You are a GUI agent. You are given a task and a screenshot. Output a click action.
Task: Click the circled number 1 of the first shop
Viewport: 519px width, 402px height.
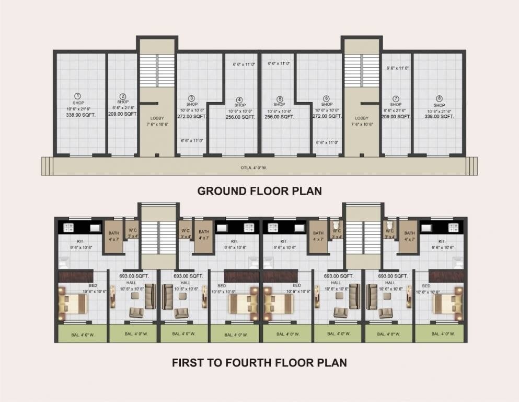pos(77,96)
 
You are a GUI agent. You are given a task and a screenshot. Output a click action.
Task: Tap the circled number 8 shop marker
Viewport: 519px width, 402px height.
pos(439,98)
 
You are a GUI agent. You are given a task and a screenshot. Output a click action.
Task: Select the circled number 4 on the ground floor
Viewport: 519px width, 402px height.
pos(239,99)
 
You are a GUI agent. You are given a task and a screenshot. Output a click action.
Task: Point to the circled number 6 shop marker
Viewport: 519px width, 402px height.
pos(326,98)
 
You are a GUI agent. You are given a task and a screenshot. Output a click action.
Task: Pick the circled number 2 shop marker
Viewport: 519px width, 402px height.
pos(123,96)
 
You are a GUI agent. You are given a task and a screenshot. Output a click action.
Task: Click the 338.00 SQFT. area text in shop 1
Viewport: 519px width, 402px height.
pos(77,114)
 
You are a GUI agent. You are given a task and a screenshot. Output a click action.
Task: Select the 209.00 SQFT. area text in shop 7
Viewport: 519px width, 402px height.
pos(396,117)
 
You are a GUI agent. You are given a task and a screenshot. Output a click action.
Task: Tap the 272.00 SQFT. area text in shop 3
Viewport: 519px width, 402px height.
pos(192,117)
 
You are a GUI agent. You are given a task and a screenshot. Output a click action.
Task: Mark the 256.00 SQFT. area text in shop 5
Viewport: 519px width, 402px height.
pos(280,117)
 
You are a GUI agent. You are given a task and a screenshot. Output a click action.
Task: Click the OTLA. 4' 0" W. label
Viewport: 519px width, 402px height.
pos(259,168)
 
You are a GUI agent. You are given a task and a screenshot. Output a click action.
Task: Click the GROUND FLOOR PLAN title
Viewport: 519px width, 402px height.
pos(259,191)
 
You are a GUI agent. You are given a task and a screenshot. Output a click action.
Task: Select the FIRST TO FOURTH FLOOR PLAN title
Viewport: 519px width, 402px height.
pos(259,362)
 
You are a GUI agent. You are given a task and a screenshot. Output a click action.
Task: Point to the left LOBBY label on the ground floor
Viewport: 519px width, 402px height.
pos(157,118)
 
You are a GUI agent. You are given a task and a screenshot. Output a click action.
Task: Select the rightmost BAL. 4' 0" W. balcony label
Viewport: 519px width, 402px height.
pos(441,334)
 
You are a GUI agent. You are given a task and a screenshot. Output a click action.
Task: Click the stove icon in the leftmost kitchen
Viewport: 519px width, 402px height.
pos(67,228)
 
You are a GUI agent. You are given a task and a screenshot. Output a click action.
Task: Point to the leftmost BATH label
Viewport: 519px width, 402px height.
pos(113,233)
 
